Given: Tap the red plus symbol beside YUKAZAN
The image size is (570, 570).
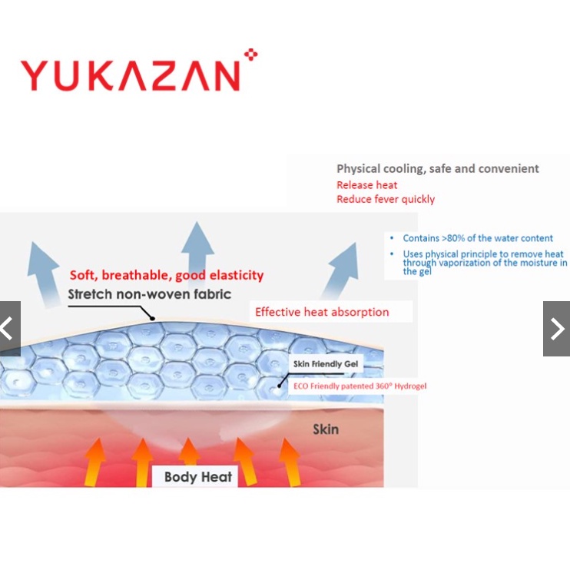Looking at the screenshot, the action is [x=250, y=55].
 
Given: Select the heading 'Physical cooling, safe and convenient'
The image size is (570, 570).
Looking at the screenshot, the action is [x=437, y=169].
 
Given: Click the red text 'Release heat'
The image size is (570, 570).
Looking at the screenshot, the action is [x=366, y=185].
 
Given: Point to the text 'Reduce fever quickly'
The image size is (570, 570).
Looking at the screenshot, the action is [x=385, y=200].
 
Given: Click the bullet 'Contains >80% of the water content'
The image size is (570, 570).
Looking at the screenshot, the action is [x=478, y=238].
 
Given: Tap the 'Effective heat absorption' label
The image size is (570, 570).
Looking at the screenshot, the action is [x=322, y=312].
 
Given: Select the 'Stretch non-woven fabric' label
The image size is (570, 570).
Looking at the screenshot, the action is [x=149, y=294].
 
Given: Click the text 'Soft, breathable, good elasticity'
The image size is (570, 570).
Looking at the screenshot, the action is [x=167, y=275].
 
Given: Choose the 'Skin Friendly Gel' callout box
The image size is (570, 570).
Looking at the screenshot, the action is [x=327, y=363].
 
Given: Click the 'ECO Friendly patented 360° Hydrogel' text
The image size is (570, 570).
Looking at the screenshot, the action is [x=360, y=386].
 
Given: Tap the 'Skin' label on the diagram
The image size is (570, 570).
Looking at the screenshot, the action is [x=325, y=429].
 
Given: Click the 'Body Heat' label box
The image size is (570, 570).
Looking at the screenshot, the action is [x=198, y=477].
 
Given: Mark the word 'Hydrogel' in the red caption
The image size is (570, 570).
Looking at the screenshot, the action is [x=410, y=386].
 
